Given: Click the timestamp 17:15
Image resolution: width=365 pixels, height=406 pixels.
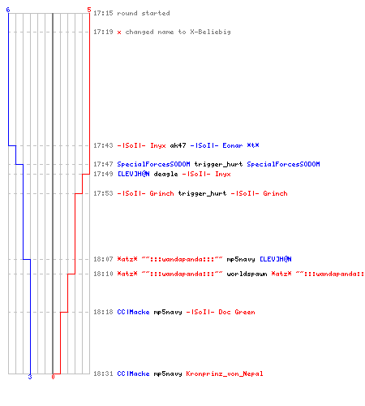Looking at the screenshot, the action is click(103, 13).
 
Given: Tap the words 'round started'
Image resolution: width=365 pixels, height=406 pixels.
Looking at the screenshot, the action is click(144, 13).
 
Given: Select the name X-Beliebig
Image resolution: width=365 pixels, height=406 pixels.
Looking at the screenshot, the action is click(210, 32).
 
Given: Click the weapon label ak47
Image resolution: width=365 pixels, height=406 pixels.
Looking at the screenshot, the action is click(178, 145).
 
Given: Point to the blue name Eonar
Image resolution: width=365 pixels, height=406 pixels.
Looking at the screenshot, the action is click(233, 145).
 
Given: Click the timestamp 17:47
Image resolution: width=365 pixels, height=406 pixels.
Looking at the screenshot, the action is click(103, 164).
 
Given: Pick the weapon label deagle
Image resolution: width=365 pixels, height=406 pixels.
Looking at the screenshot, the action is click(165, 175).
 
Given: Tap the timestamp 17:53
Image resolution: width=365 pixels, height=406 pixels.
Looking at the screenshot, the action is click(103, 193).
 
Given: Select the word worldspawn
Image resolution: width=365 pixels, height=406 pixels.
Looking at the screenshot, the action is click(247, 274).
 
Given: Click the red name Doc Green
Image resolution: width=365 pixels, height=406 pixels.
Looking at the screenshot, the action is click(237, 313).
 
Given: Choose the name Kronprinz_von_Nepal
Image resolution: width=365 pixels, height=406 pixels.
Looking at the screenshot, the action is click(225, 374).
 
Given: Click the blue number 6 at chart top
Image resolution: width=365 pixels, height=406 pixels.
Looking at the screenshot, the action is click(8, 10).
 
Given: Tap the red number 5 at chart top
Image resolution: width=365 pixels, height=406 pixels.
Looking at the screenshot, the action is click(89, 10).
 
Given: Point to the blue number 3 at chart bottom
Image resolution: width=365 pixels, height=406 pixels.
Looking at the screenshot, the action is click(30, 377).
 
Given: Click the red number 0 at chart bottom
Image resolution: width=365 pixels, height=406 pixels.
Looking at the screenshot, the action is click(53, 377).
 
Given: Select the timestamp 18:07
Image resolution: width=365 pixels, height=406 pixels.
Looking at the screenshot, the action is click(103, 259).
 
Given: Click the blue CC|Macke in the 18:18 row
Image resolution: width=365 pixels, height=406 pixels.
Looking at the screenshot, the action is click(133, 313).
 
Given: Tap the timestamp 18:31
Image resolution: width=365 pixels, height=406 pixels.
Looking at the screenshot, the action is click(103, 374).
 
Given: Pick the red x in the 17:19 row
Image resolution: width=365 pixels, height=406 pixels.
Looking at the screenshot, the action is click(119, 32).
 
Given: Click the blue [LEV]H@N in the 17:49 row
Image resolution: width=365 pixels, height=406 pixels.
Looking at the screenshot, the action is click(133, 174).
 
